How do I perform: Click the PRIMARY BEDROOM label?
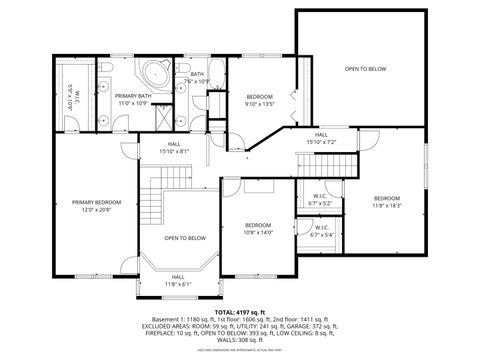96,202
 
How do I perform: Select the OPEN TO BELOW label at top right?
365,69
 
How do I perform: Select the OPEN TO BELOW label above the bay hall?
185,238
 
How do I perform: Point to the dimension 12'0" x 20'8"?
96,209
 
